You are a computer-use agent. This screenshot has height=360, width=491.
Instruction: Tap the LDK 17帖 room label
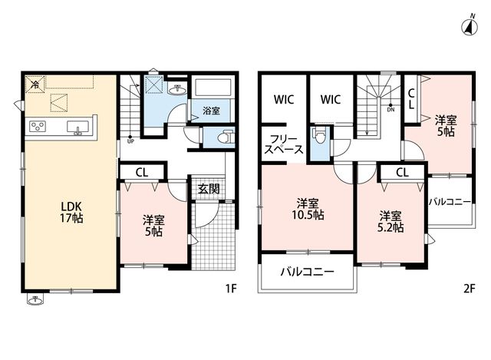click(71, 212)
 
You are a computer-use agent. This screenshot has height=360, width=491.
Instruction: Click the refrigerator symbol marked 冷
click(35, 84)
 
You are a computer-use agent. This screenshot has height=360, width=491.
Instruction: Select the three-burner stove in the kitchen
click(38, 127)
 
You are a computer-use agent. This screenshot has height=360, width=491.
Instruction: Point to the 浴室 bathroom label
click(211, 111)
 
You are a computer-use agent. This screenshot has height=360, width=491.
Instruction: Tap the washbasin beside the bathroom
click(177, 90)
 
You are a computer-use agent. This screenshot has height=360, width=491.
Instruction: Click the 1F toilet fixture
click(226, 137)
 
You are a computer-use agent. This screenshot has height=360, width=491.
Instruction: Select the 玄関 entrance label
click(209, 189)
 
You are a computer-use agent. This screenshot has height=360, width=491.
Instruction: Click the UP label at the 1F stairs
click(130, 141)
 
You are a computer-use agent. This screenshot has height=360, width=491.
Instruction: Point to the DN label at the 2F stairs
click(390, 110)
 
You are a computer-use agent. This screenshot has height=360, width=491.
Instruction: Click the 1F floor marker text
click(231, 289)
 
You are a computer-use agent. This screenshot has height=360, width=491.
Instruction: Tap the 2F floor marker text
click(469, 289)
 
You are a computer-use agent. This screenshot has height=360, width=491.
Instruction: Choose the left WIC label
click(284, 100)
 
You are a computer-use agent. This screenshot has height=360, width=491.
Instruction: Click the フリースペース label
click(284, 144)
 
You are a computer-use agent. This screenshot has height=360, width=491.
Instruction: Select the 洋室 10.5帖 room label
click(308, 210)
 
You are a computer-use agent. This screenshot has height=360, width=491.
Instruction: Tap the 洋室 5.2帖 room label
click(390, 222)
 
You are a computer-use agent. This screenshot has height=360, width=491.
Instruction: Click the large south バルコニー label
click(307, 272)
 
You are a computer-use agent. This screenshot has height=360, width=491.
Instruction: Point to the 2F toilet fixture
click(319, 135)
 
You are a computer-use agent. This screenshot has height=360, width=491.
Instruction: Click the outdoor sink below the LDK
click(35, 299)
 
